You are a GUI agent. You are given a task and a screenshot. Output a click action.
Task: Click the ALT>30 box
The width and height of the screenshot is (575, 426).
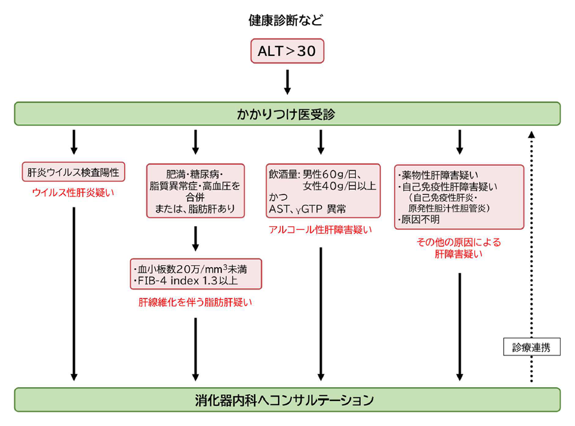(287, 51)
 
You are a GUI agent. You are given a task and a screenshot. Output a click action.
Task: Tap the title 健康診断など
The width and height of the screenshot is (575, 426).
(286, 20)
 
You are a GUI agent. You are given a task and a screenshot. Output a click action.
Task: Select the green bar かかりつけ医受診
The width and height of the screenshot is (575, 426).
(287, 114)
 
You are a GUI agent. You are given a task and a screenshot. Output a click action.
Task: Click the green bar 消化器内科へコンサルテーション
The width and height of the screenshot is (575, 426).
(287, 400)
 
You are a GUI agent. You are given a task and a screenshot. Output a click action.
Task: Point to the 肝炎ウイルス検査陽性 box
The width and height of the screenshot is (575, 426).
(73, 172)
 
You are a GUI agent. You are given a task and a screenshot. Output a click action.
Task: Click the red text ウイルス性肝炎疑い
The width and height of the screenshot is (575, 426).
(73, 193)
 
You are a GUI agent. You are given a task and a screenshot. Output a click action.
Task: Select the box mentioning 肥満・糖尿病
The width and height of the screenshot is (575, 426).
(196, 191)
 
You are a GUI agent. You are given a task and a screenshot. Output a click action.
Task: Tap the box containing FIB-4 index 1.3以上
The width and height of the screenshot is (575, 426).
(196, 274)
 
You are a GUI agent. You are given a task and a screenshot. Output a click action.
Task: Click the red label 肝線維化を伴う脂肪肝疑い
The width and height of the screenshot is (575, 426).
(196, 302)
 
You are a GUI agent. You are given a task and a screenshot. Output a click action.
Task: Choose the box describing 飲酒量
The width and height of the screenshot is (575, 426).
(323, 191)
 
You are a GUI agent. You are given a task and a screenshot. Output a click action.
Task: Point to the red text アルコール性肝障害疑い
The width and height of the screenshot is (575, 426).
(320, 230)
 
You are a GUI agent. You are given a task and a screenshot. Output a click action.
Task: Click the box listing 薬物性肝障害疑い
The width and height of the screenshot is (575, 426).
(459, 197)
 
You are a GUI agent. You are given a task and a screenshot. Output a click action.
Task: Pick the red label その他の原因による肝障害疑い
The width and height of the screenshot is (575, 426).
(459, 248)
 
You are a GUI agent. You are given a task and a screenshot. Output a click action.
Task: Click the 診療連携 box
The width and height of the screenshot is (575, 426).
(532, 347)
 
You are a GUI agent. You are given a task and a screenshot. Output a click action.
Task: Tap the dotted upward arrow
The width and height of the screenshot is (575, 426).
(531, 257)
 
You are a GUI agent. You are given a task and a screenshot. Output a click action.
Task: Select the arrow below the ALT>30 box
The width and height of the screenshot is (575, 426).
(287, 82)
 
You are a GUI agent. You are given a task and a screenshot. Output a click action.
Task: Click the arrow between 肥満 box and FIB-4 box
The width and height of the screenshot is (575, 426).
(196, 239)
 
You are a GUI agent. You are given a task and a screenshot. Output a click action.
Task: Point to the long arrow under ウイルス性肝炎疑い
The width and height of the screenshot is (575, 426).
(74, 294)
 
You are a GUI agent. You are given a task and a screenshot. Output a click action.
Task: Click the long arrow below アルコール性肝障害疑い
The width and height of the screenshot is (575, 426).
(321, 314)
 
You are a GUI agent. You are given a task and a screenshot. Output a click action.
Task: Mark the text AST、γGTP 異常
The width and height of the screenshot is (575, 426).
(307, 209)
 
